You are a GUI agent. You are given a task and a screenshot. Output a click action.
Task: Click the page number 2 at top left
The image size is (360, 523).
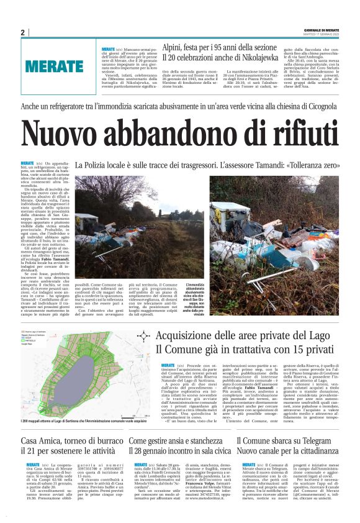coord(22,33)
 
